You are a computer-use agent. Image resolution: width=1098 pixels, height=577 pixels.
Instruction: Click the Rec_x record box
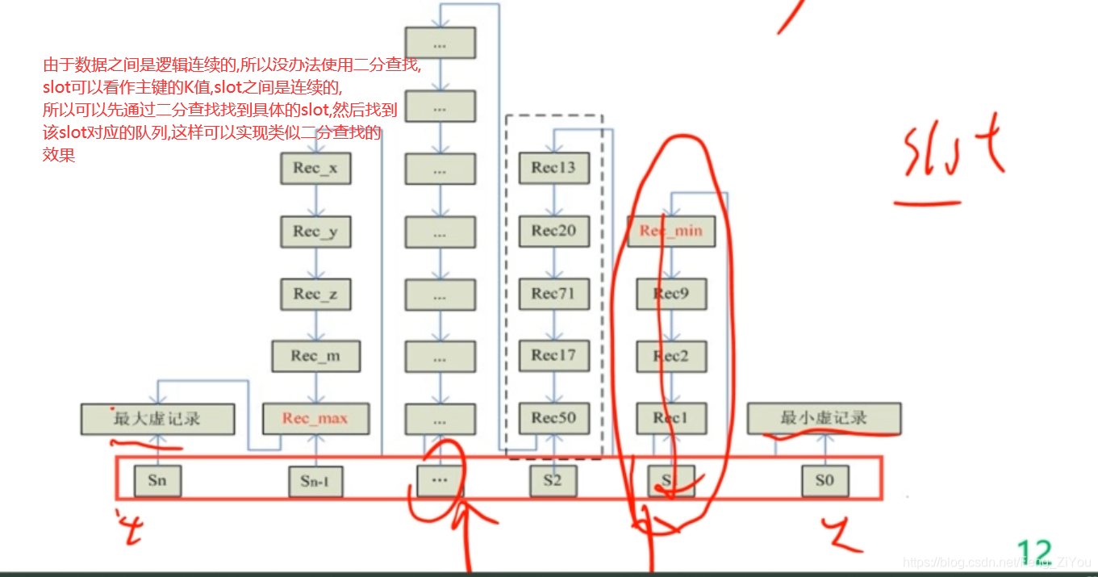[316, 169]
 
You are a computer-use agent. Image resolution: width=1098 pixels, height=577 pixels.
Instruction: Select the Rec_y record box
[316, 232]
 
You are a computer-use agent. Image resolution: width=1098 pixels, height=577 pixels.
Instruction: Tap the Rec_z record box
[316, 294]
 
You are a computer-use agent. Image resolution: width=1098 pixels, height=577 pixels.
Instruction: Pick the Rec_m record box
[316, 356]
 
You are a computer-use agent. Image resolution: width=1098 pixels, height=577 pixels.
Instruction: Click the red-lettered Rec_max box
[316, 419]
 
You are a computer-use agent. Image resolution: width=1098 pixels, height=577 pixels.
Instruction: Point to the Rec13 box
[553, 168]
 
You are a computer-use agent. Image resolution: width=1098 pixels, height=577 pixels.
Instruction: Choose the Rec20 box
[553, 231]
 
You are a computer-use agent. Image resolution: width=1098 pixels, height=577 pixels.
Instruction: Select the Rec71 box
[553, 294]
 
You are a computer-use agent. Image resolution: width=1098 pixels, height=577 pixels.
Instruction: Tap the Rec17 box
[553, 355]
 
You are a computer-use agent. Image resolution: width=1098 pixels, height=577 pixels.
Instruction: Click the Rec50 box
[553, 418]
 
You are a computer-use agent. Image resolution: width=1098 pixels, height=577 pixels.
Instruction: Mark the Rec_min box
[671, 231]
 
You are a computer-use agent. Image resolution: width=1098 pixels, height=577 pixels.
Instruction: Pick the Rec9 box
[671, 294]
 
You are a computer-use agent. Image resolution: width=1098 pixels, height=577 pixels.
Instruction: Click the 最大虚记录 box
[157, 419]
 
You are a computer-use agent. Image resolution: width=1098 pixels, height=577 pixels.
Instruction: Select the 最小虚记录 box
[824, 419]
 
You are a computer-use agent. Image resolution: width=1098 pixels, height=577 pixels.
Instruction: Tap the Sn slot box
[157, 480]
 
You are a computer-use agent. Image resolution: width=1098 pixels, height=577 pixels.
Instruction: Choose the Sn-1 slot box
[316, 482]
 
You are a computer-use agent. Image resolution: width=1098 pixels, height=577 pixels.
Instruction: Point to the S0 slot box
[824, 481]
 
